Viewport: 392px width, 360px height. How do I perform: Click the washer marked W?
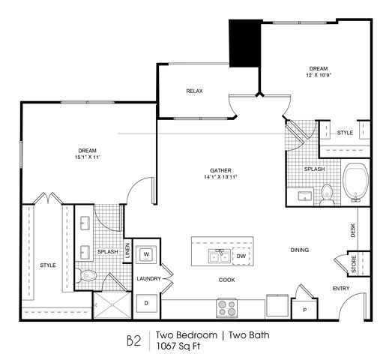click(x=146, y=255)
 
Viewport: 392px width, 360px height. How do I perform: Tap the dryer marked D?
click(x=146, y=303)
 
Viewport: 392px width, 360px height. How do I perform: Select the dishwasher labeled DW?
click(x=241, y=256)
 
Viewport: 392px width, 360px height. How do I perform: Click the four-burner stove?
click(x=227, y=308)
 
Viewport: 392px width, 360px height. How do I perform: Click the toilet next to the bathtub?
click(x=327, y=195)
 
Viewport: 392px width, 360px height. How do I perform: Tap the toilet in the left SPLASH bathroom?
click(x=85, y=276)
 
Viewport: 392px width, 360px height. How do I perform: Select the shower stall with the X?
click(x=112, y=305)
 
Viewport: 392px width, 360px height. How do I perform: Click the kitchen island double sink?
click(x=220, y=256)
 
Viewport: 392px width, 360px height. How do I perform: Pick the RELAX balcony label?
click(x=194, y=91)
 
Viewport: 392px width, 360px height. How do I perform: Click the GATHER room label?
click(x=220, y=170)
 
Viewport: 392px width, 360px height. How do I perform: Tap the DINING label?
click(x=300, y=250)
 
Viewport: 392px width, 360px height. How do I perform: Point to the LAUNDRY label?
click(x=148, y=278)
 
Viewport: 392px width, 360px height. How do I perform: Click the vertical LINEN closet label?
click(x=127, y=250)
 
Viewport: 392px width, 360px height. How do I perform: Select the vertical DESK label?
click(x=353, y=230)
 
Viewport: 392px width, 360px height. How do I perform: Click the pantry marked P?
click(x=305, y=310)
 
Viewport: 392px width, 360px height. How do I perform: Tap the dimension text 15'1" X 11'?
click(x=88, y=157)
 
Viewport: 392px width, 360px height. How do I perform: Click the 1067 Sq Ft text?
click(x=178, y=346)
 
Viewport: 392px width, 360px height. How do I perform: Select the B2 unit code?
click(x=134, y=340)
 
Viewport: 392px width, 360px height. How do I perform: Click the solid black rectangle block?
click(x=245, y=43)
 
